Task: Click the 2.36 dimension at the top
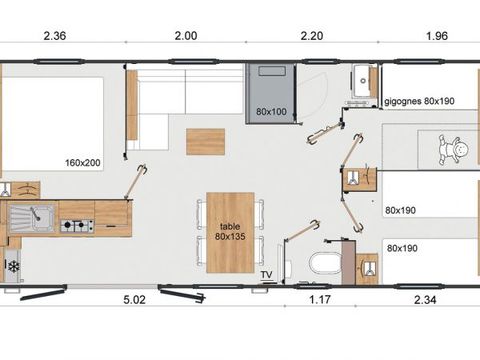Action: click(x=55, y=36)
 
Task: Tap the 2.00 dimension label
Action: click(x=186, y=36)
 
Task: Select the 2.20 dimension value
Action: click(x=312, y=36)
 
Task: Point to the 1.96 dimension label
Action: click(x=437, y=36)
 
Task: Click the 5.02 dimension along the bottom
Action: click(x=135, y=300)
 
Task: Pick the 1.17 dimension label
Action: click(x=320, y=300)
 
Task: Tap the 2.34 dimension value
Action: click(x=425, y=300)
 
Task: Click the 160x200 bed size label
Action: click(x=83, y=163)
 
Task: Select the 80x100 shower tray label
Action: click(x=271, y=112)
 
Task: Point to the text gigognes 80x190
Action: click(x=419, y=101)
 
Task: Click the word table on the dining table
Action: click(x=230, y=227)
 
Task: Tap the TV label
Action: click(x=266, y=275)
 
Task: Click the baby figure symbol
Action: click(x=453, y=149)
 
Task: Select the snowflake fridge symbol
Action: click(x=14, y=266)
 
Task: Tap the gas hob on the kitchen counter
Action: click(x=77, y=226)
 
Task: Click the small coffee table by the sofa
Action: click(x=205, y=142)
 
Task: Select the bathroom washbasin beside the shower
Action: click(x=361, y=80)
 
